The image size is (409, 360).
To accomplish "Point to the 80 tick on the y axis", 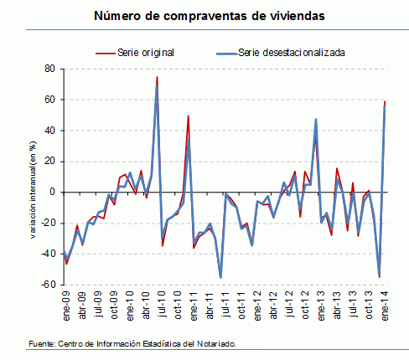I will pyautogui.click(x=49, y=69).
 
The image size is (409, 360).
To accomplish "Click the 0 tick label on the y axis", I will pyautogui.click(x=52, y=192).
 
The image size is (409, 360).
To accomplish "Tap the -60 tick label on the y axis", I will pyautogui.click(x=48, y=285).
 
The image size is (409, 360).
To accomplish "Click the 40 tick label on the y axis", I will pyautogui.click(x=49, y=131).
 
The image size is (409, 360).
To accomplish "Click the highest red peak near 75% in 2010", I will pyautogui.click(x=157, y=78).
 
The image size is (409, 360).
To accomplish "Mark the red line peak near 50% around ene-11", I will pyautogui.click(x=188, y=116).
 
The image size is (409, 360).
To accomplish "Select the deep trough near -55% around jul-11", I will pyautogui.click(x=220, y=277).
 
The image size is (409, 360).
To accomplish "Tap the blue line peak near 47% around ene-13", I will pyautogui.click(x=315, y=119).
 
